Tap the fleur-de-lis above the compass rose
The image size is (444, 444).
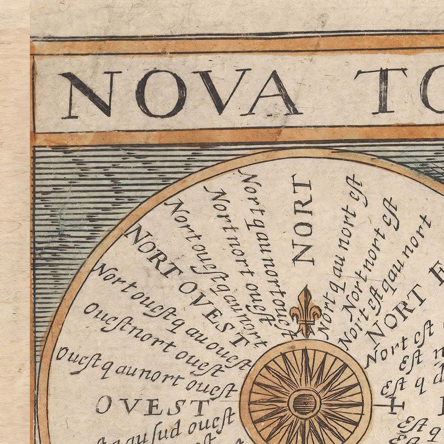[305, 311]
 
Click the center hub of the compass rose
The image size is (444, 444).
[305, 403]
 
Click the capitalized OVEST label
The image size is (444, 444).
[151, 406]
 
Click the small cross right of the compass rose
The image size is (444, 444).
[396, 404]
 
